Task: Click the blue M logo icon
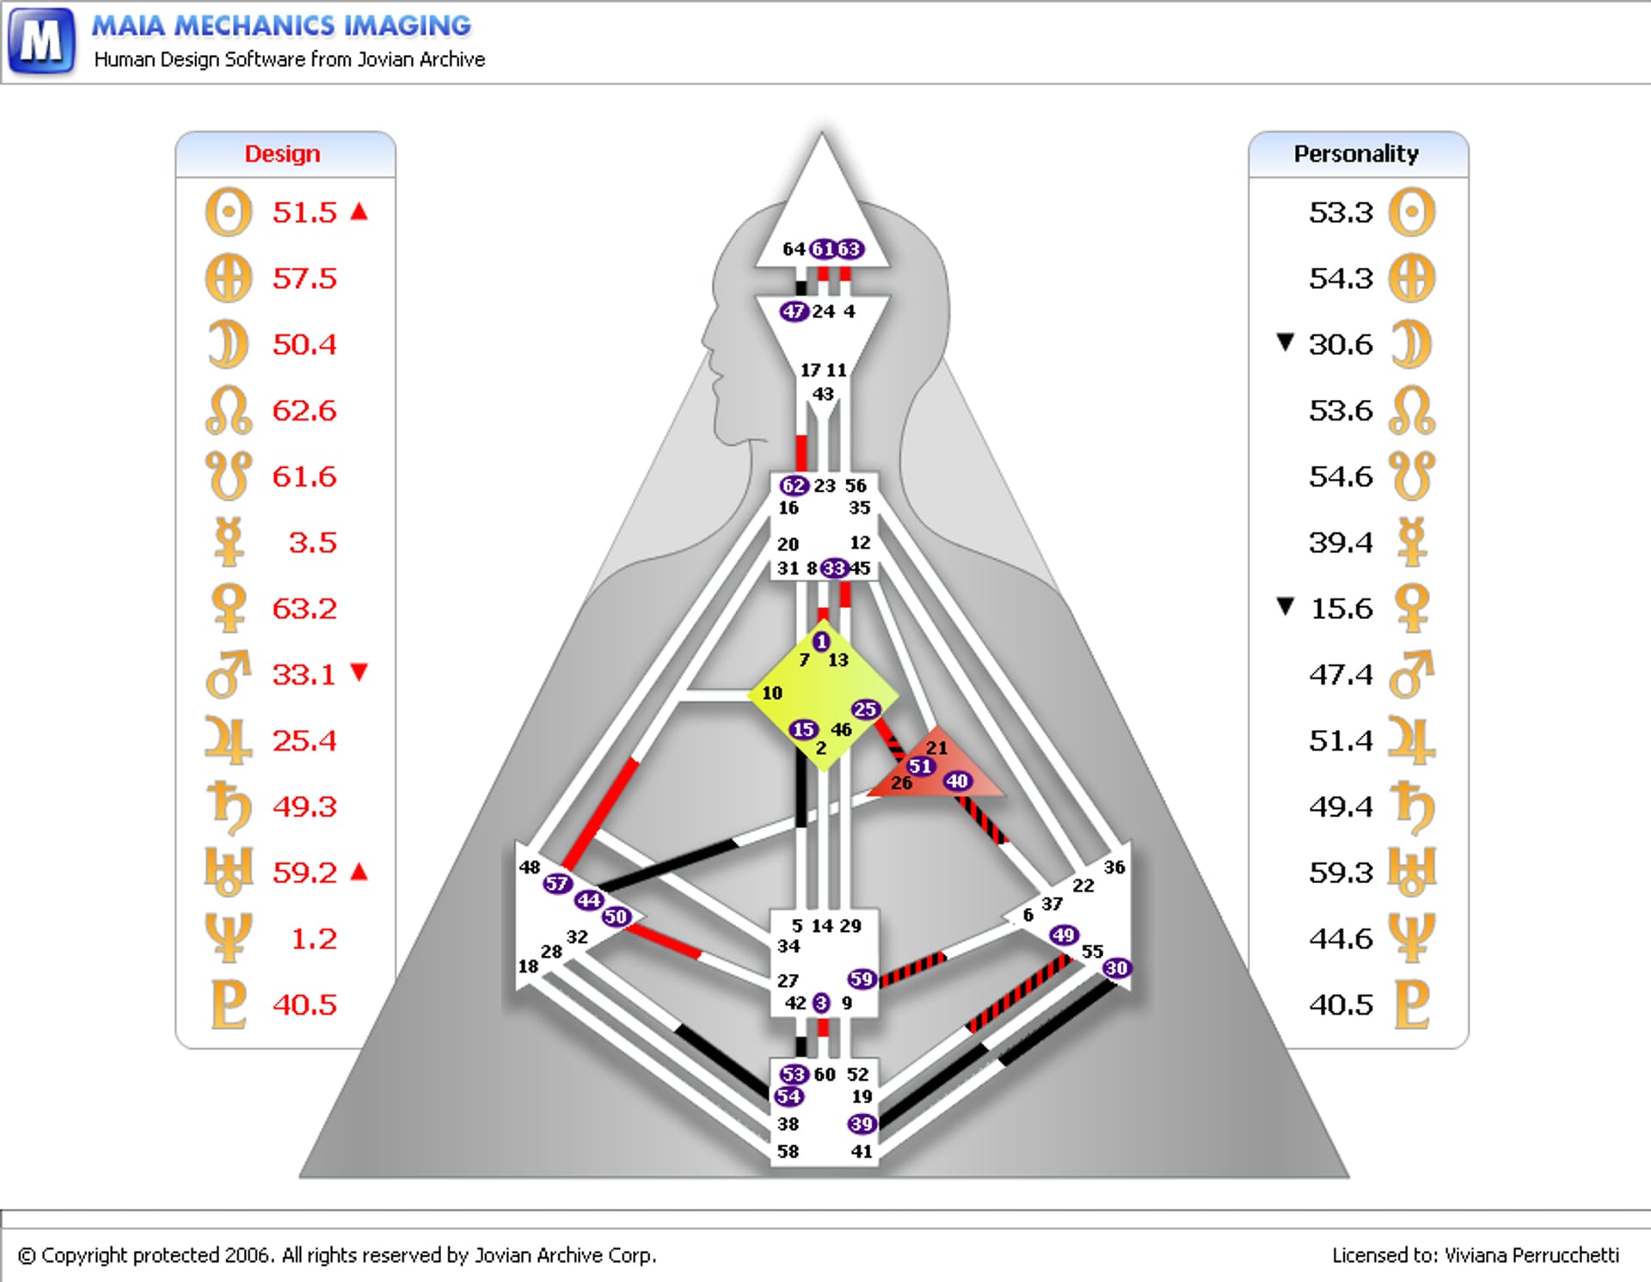coord(41,40)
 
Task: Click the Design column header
coord(282,154)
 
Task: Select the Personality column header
coord(1356,154)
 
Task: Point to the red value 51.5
coord(304,212)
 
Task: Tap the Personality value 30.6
coord(1340,345)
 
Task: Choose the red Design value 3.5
coord(312,543)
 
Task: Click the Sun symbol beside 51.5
coord(229,212)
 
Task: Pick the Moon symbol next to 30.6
coord(1411,344)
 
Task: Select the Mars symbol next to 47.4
coord(1411,674)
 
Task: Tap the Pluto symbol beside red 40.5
coord(229,1004)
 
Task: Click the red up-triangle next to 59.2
coord(359,872)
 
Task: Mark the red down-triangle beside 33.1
coord(359,672)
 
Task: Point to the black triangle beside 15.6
coord(1286,607)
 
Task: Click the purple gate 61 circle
coord(823,249)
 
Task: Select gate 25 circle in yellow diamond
coord(865,709)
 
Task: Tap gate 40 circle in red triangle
coord(957,781)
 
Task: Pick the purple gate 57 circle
coord(556,883)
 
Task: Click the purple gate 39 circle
coord(861,1124)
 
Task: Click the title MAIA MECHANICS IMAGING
coord(281,26)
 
